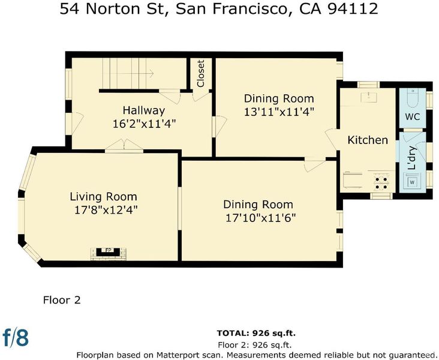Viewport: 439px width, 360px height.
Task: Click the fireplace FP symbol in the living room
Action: pyautogui.click(x=109, y=252)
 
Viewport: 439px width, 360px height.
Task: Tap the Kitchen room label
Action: pyautogui.click(x=368, y=140)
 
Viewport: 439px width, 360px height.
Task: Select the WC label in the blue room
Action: pyautogui.click(x=413, y=116)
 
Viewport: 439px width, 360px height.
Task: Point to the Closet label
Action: pyautogui.click(x=201, y=73)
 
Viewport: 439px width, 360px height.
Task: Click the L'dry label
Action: pyautogui.click(x=412, y=158)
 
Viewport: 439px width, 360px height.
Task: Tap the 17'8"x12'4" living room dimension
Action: pyautogui.click(x=106, y=210)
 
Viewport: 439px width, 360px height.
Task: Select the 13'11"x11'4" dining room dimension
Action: pyautogui.click(x=279, y=112)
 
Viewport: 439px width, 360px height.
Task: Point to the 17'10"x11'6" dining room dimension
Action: pyautogui.click(x=260, y=218)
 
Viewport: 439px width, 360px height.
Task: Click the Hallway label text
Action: pyautogui.click(x=144, y=110)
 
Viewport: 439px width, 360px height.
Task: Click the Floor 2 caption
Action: pyautogui.click(x=62, y=300)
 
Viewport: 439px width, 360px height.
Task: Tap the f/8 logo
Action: pyautogui.click(x=16, y=337)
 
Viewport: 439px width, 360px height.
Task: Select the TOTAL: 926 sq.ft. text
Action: pyautogui.click(x=256, y=333)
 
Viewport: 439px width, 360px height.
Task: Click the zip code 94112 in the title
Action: pyautogui.click(x=353, y=8)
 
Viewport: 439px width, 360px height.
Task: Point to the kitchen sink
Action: pyautogui.click(x=369, y=97)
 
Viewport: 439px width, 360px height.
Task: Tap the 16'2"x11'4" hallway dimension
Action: pyautogui.click(x=144, y=124)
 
